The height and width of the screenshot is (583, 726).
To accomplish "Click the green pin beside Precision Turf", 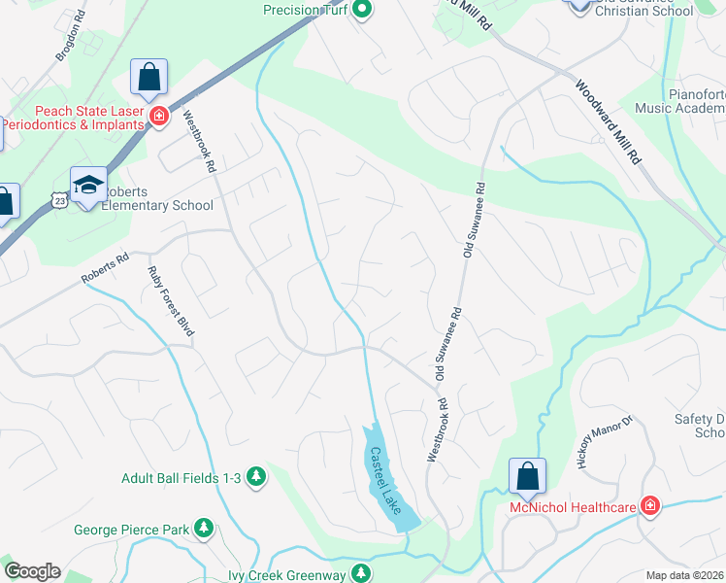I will point(362,11).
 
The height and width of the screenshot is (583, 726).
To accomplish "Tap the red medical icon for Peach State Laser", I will point(159,118).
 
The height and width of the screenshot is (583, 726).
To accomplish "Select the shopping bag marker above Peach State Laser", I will point(148,78).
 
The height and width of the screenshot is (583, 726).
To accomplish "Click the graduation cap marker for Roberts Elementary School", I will point(88,185).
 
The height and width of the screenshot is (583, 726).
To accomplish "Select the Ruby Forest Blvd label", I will point(170,301).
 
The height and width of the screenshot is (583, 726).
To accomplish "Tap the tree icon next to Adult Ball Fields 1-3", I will point(256,477).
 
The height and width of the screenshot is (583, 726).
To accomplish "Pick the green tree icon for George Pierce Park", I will point(204,530).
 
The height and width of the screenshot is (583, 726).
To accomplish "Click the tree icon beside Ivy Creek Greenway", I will point(361,574).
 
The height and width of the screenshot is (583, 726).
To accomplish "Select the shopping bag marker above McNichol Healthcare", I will point(527,476).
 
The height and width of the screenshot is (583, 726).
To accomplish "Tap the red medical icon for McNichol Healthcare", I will point(649,506).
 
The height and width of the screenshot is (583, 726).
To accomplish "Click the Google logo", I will point(32,571).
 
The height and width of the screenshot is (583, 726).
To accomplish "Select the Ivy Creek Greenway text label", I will point(286,575).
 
